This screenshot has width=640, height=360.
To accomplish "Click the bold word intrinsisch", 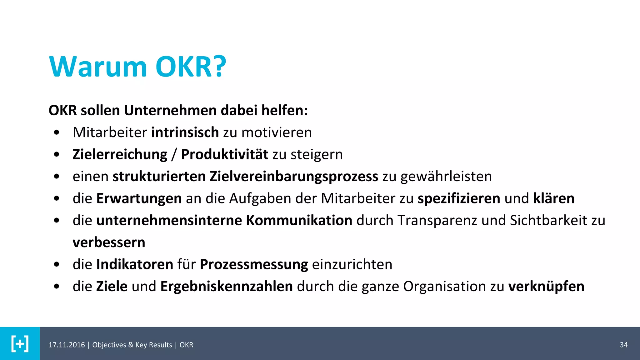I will (x=185, y=132).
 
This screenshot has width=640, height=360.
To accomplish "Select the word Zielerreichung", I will (x=120, y=155).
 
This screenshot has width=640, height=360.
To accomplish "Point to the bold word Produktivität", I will (x=224, y=155).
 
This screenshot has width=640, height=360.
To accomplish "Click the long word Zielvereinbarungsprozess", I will (x=294, y=177).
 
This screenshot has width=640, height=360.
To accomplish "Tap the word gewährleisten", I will (x=446, y=177).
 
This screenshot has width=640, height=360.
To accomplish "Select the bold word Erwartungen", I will (x=139, y=198).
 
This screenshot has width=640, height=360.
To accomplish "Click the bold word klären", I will (x=553, y=198).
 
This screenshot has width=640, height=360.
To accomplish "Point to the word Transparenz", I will (x=437, y=221).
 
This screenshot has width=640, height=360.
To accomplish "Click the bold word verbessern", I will (x=109, y=242).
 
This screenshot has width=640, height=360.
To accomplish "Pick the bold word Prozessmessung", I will (x=254, y=265).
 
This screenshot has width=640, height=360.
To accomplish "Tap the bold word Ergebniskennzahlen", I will (x=226, y=287).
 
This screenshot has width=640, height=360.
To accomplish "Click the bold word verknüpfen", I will (x=546, y=287).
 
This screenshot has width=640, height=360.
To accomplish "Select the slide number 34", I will (x=623, y=345).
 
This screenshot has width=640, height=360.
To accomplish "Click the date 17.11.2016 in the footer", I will (x=67, y=345).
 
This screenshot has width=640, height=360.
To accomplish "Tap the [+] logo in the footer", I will (x=20, y=344).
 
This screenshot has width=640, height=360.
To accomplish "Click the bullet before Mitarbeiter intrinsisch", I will (x=57, y=132).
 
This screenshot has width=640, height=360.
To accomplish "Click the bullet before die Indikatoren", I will (x=57, y=265).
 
